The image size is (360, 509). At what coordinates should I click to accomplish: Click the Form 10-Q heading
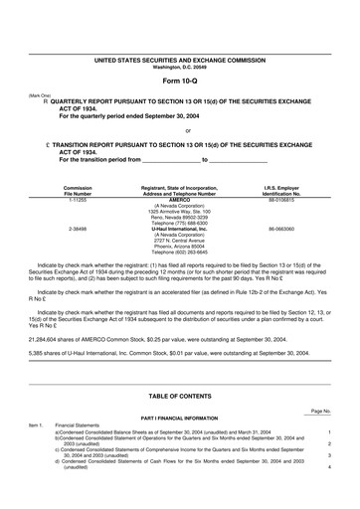click(180, 80)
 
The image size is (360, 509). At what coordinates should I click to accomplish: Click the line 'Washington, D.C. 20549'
click(180, 67)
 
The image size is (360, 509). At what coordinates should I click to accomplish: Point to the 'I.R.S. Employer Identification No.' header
click(281, 190)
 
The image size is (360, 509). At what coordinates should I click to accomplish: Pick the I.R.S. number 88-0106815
click(281, 199)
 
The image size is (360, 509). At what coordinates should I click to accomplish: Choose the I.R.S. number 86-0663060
click(281, 228)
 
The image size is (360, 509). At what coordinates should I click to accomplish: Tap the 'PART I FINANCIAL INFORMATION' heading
click(180, 418)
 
